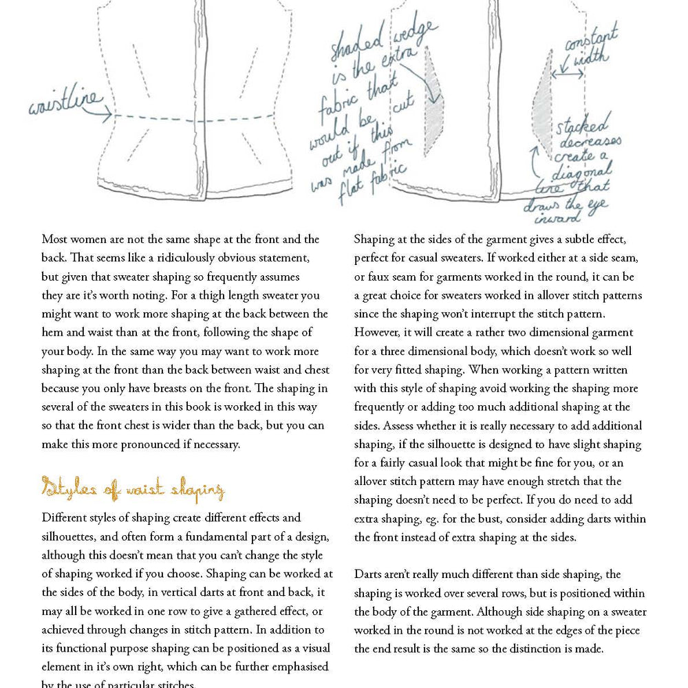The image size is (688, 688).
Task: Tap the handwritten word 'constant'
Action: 592,41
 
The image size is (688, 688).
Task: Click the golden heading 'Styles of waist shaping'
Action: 133,490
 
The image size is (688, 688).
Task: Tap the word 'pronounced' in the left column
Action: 151,444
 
